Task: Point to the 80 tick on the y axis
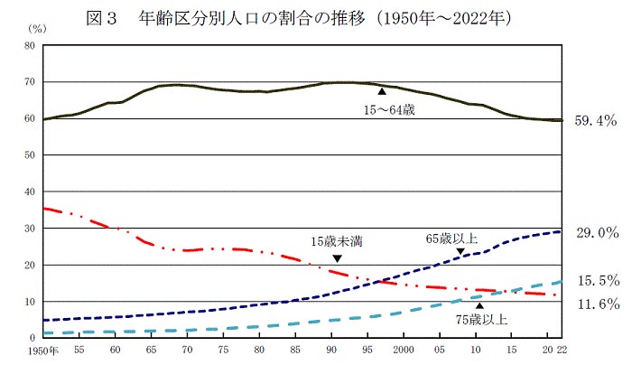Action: (x=30, y=45)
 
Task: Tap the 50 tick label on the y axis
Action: (x=30, y=155)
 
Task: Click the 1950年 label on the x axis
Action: (x=42, y=350)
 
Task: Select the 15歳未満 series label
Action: (x=336, y=241)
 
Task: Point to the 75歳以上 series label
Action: (x=483, y=319)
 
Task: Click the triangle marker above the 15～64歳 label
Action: (x=383, y=91)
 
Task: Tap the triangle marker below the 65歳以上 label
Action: (x=460, y=251)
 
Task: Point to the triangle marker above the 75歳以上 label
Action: (x=479, y=305)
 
